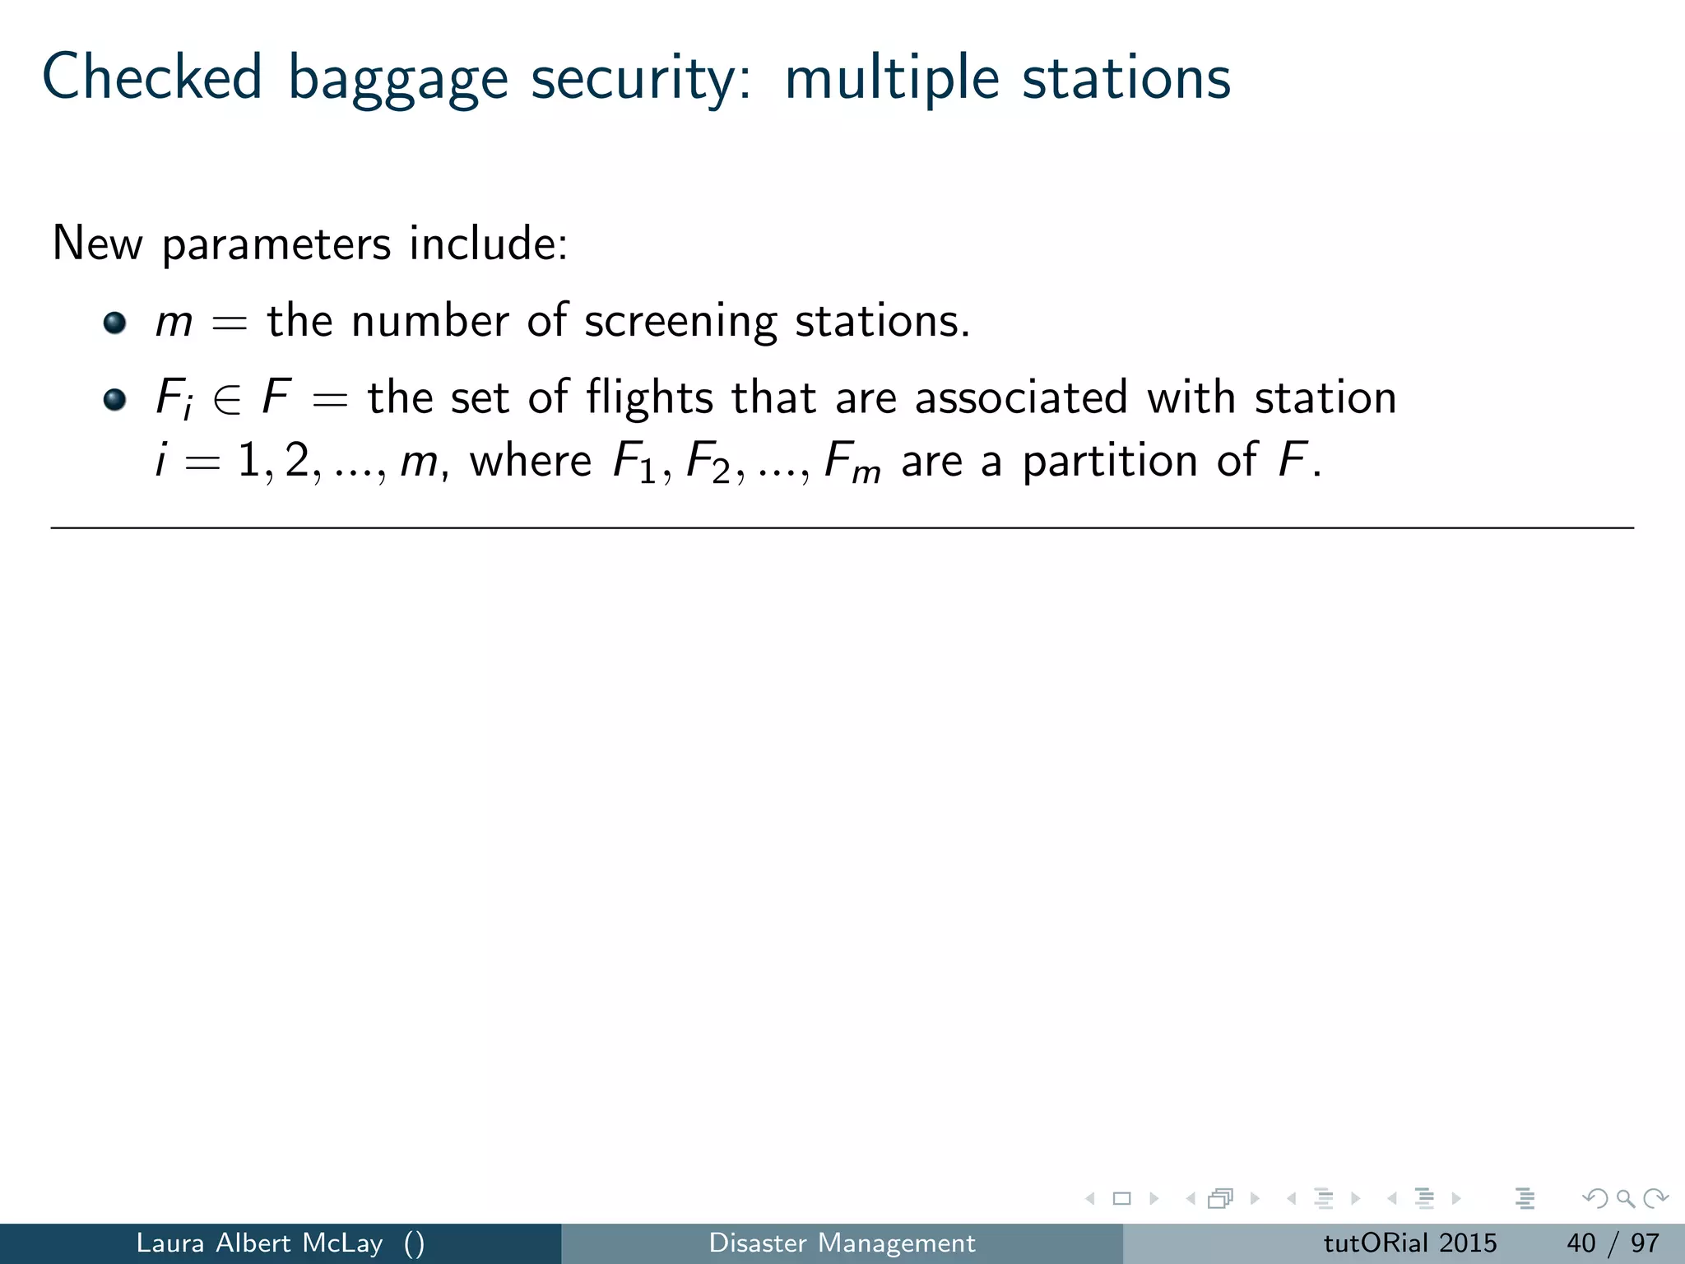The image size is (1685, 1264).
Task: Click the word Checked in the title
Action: tap(152, 78)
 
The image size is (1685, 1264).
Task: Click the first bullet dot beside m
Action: tap(115, 323)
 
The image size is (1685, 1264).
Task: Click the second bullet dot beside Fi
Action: tap(115, 400)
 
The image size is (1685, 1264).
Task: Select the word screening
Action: tap(680, 321)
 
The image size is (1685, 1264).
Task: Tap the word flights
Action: tap(649, 398)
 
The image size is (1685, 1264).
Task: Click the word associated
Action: tap(1021, 397)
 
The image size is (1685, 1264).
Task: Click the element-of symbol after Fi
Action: tap(227, 400)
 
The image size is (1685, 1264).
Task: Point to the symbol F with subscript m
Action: tap(851, 462)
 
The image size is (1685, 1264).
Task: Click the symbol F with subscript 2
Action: tap(707, 462)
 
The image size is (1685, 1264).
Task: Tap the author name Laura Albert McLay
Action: tap(259, 1243)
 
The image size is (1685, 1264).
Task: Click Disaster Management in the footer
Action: tap(842, 1243)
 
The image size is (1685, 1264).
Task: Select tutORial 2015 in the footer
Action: tap(1409, 1243)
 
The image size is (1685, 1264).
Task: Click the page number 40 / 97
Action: tap(1612, 1243)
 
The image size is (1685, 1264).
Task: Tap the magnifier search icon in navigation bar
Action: tap(1625, 1199)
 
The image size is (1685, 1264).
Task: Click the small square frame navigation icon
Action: tap(1121, 1199)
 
